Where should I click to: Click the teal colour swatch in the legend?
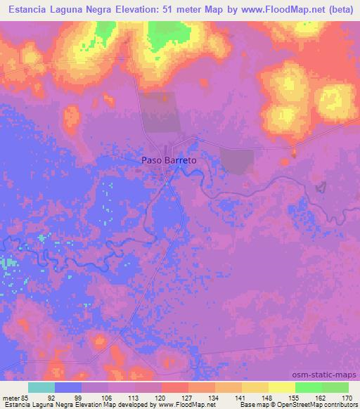pos(41,387)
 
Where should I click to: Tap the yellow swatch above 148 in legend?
pos(255,387)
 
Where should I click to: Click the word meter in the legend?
pos(12,397)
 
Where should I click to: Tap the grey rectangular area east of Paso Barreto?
pos(237,160)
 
